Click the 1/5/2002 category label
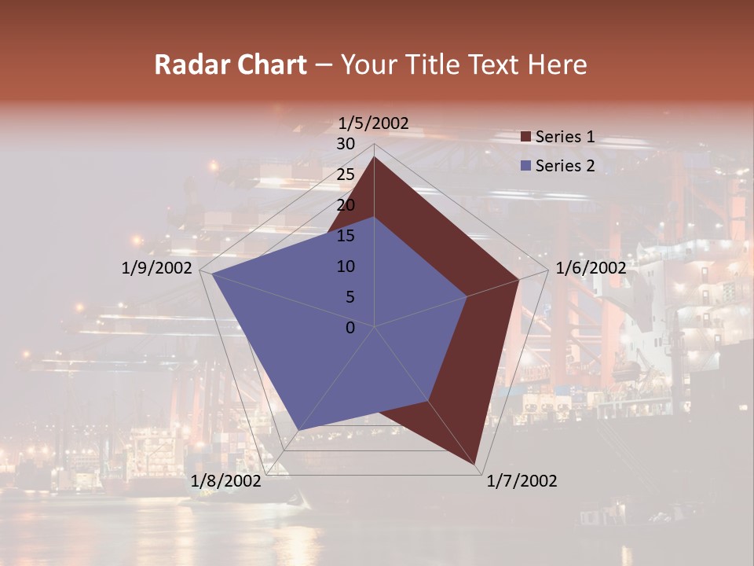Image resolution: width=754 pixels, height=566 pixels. (x=373, y=123)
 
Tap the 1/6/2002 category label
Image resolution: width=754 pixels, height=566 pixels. (x=591, y=268)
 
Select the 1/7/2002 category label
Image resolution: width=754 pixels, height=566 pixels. (x=522, y=481)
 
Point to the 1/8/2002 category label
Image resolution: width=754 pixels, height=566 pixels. (x=226, y=481)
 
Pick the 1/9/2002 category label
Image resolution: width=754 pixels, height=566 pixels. (x=157, y=268)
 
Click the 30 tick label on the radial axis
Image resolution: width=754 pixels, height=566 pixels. (x=346, y=144)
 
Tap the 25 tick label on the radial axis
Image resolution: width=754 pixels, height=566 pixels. (x=346, y=175)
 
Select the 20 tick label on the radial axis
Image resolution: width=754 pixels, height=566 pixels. (x=346, y=205)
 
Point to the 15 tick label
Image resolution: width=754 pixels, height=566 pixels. (x=346, y=236)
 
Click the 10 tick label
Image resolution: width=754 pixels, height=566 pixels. (x=346, y=266)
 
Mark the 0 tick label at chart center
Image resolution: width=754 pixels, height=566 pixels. (x=350, y=328)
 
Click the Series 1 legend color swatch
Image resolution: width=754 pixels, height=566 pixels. (x=526, y=138)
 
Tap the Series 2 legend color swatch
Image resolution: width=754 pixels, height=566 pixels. (x=526, y=166)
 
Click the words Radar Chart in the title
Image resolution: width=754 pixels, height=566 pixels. (x=230, y=64)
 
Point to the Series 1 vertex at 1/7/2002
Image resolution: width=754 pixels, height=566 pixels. (x=475, y=463)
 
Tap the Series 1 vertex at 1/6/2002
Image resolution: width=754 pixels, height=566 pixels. (x=518, y=279)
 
